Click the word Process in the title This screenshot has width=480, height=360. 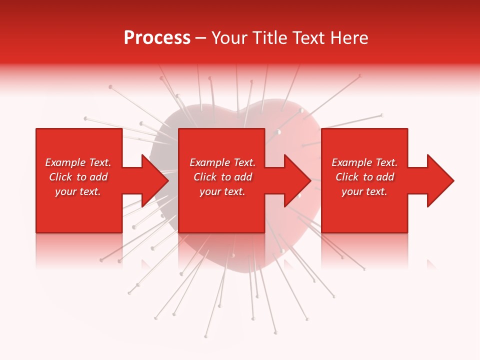(x=157, y=38)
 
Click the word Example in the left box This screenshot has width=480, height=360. (x=65, y=162)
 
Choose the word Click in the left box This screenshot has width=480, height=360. (x=60, y=177)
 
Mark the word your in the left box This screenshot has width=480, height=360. (x=65, y=191)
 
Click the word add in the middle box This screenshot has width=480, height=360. (x=242, y=177)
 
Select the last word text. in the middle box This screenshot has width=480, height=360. (x=233, y=191)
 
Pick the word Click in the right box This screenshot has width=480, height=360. (x=347, y=177)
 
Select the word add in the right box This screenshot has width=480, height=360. (x=384, y=177)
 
